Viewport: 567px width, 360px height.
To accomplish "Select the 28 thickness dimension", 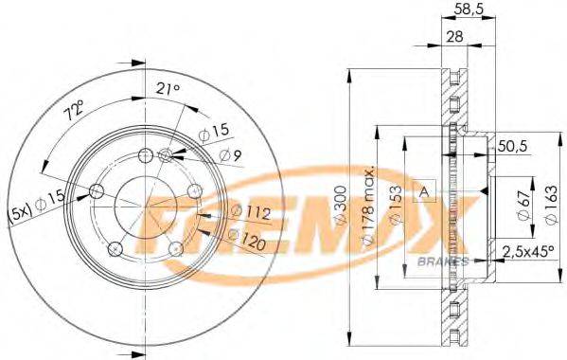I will click(456, 37).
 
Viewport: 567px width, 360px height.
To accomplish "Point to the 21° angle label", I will click(166, 89).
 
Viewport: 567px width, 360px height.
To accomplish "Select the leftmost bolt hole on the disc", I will click(96, 191).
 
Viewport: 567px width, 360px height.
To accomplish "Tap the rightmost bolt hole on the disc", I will click(194, 191).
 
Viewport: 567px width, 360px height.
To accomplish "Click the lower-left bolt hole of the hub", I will click(115, 248).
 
